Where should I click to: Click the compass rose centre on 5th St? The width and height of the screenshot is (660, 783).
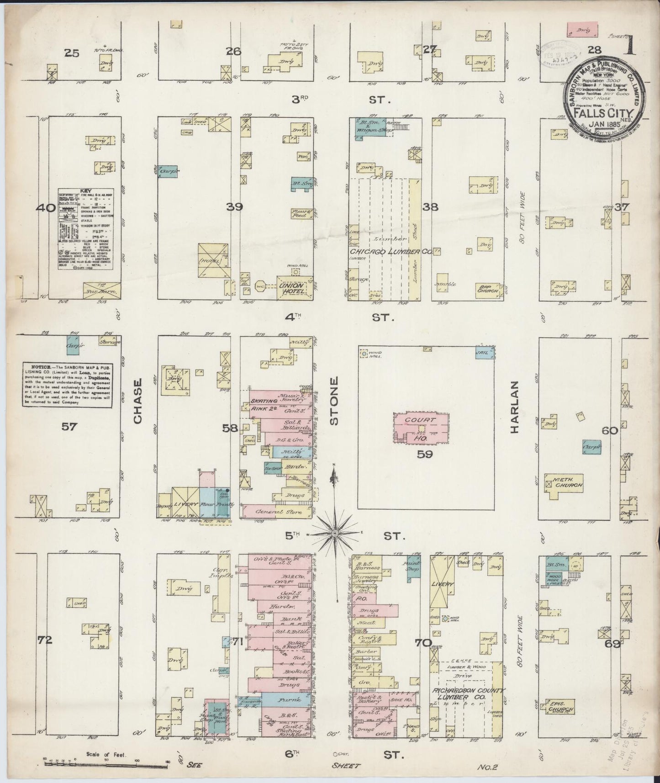335,533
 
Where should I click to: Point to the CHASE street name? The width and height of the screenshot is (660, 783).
138,401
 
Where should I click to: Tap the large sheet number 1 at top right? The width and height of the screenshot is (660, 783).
633,47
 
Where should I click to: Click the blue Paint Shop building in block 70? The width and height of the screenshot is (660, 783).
413,566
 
